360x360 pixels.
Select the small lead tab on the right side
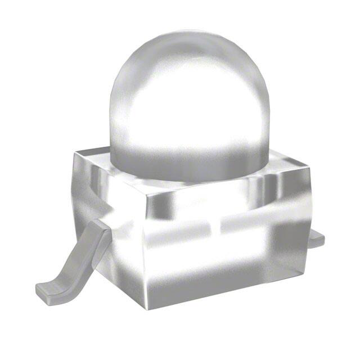pos(316,238)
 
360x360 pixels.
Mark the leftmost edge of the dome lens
pos(109,112)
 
